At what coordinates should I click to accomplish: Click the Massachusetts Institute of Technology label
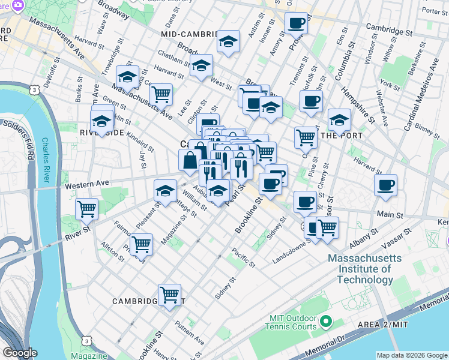click(x=360, y=269)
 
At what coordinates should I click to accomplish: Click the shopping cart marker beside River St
click(x=87, y=209)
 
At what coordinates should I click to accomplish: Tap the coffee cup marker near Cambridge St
click(x=296, y=23)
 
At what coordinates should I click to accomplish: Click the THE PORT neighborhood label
click(x=342, y=136)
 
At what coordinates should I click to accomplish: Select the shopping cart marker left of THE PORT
click(x=306, y=137)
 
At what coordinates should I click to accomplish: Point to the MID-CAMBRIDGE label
click(x=188, y=35)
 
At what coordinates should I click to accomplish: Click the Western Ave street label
click(x=88, y=183)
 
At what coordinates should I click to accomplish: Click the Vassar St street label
click(x=398, y=238)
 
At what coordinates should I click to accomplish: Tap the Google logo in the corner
click(x=20, y=353)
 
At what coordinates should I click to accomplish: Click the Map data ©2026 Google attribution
click(x=411, y=355)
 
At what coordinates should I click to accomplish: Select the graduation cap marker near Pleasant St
click(x=166, y=191)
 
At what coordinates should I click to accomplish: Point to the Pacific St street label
click(x=244, y=257)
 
